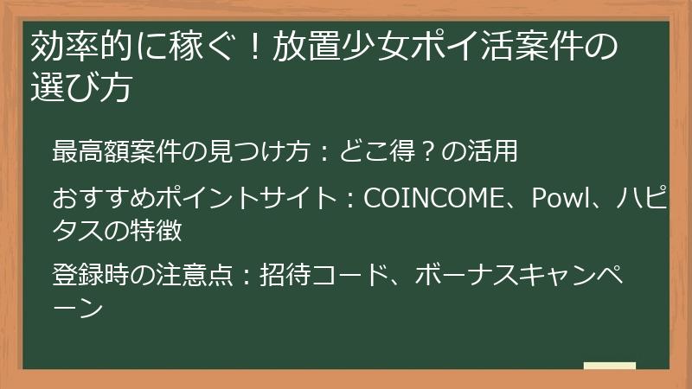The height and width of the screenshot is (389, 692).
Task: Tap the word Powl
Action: click(555, 199)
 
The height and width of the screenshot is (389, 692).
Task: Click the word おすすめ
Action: click(103, 199)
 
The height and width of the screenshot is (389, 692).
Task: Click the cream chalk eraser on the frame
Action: click(609, 367)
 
